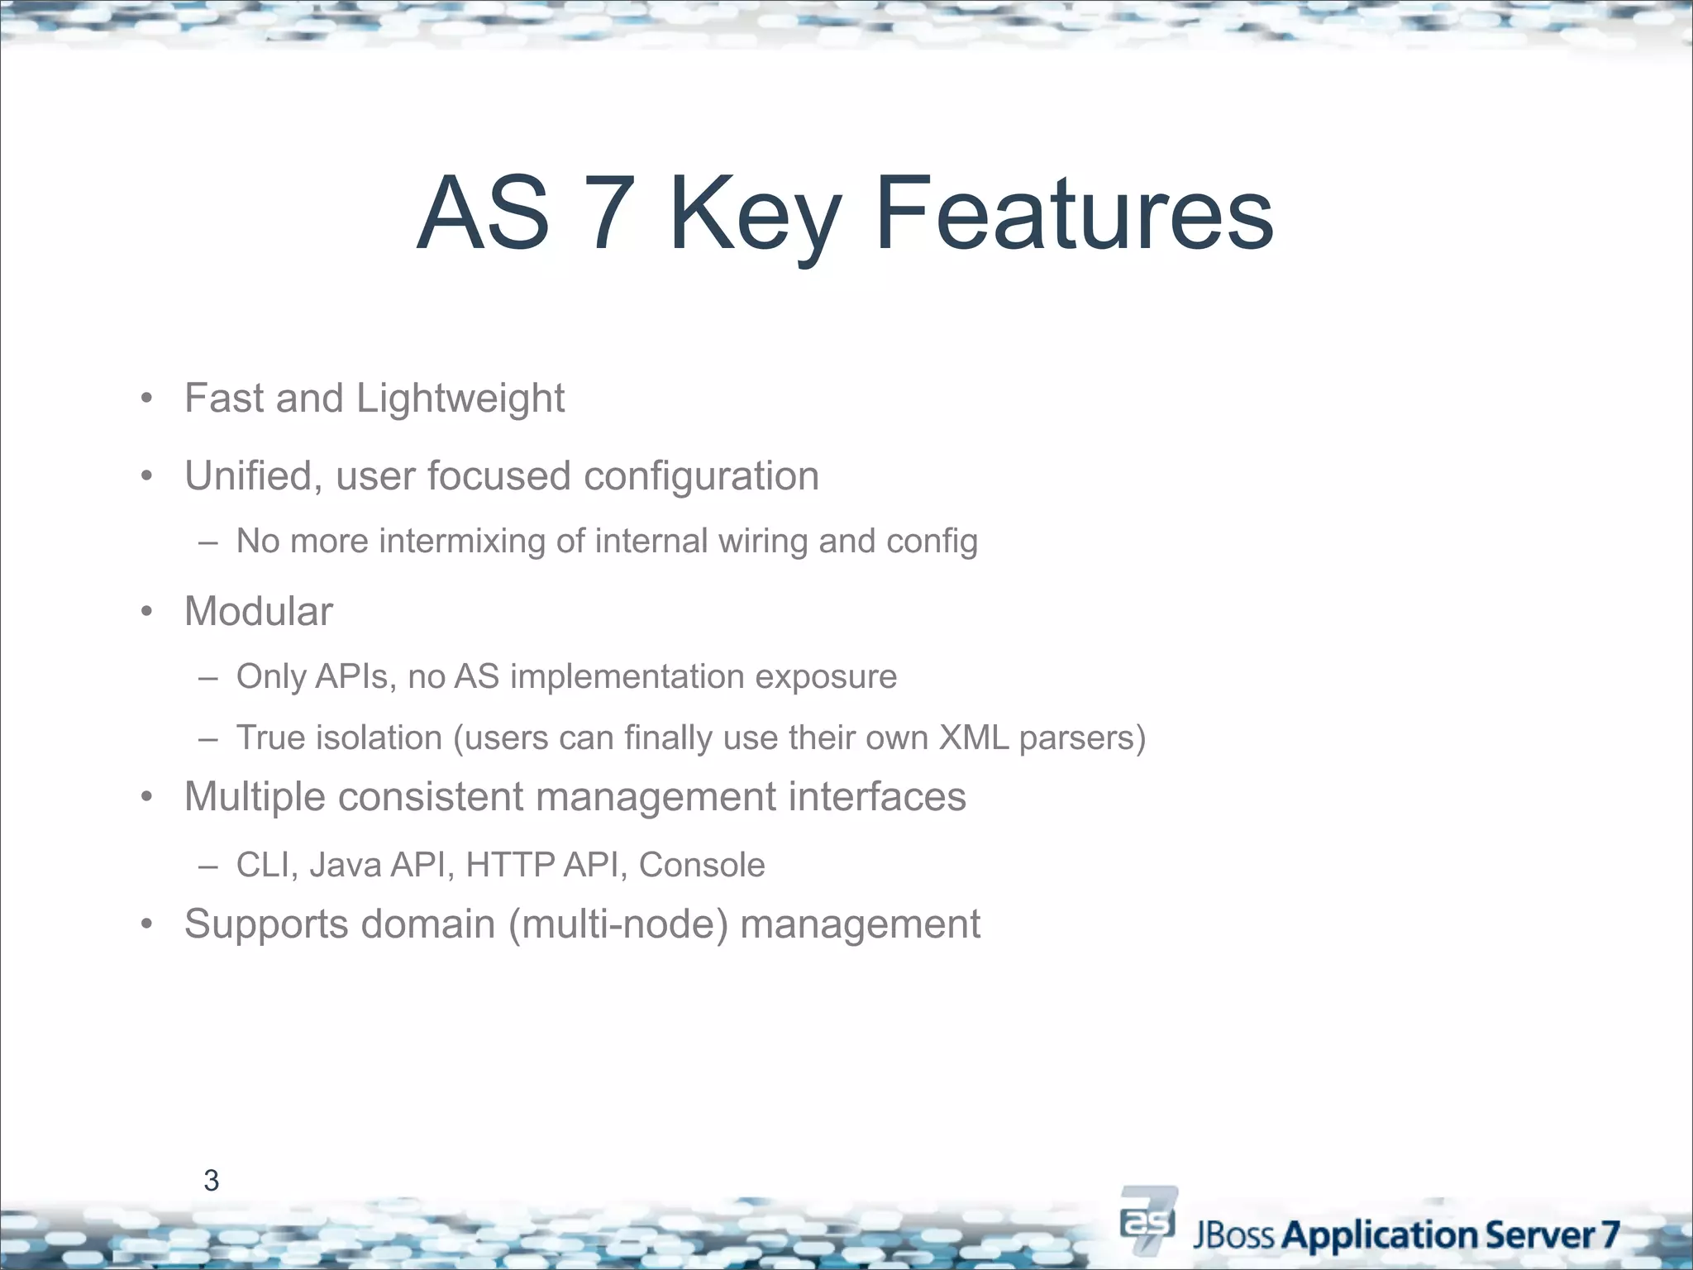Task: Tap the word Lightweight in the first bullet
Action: [x=460, y=399]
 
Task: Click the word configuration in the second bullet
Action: [x=701, y=476]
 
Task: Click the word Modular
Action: [x=258, y=612]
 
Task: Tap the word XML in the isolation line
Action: [x=973, y=738]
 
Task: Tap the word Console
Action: [x=702, y=865]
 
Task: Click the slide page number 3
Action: [x=211, y=1181]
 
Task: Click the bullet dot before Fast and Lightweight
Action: [x=146, y=399]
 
